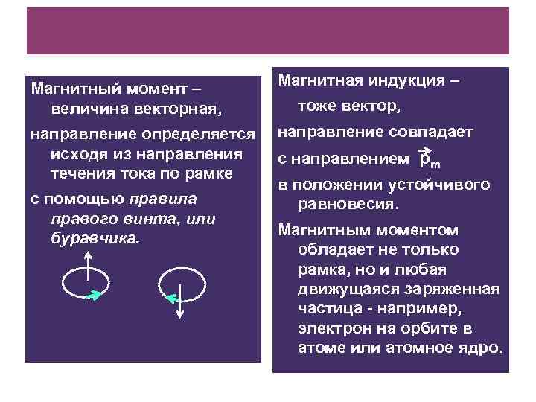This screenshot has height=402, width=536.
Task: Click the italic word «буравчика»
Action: point(93,238)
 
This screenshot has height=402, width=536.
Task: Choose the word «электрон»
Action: point(329,328)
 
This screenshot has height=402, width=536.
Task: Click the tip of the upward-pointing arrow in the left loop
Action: point(87,253)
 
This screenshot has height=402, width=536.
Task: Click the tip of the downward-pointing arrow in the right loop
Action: point(179,317)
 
